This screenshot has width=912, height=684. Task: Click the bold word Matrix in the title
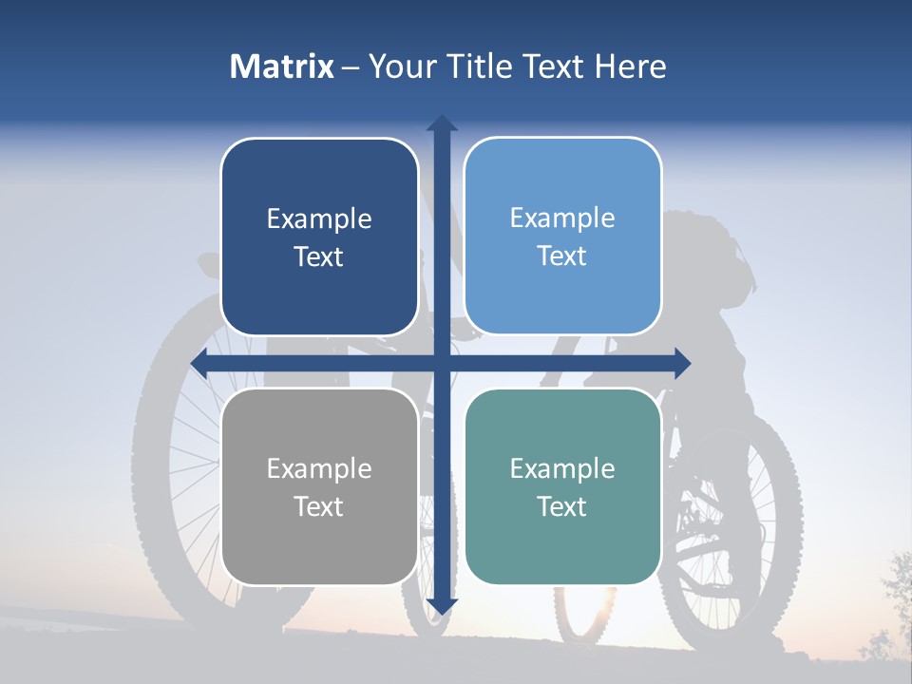tap(282, 66)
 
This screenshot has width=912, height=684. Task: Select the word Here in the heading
tap(630, 66)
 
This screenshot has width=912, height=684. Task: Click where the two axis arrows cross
tap(442, 363)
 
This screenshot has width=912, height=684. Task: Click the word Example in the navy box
tap(319, 219)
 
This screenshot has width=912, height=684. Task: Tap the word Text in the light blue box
tap(562, 256)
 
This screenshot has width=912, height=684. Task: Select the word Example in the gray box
tap(319, 468)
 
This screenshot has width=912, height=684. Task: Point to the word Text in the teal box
tap(562, 506)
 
